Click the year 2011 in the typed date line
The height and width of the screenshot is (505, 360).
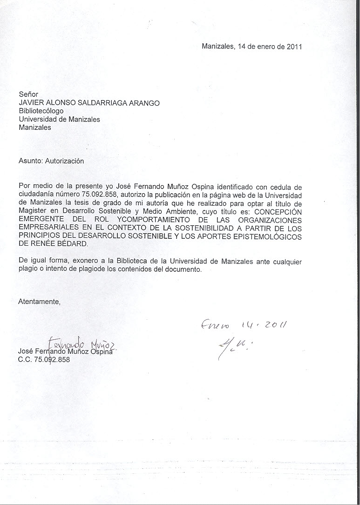294,47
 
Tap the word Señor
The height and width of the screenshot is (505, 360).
28,94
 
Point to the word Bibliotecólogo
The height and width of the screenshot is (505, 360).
41,111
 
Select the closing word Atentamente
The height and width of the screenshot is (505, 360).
40,301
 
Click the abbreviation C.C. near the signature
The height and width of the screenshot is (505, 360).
26,360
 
